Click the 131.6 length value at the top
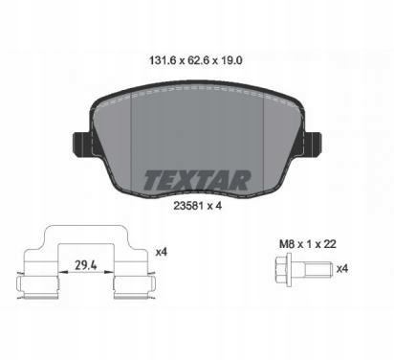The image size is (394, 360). pyautogui.click(x=163, y=60)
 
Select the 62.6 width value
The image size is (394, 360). pyautogui.click(x=198, y=60)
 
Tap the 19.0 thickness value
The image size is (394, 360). pyautogui.click(x=231, y=60)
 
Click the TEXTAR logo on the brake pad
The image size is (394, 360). pyautogui.click(x=197, y=180)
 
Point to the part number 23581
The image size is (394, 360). pyautogui.click(x=188, y=206)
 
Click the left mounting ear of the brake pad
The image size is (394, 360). pyautogui.click(x=82, y=144)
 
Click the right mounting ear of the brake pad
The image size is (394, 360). pyautogui.click(x=313, y=144)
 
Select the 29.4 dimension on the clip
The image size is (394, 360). pyautogui.click(x=86, y=265)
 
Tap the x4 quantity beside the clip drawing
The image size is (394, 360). pyautogui.click(x=162, y=253)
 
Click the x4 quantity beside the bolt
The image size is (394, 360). pyautogui.click(x=342, y=269)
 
